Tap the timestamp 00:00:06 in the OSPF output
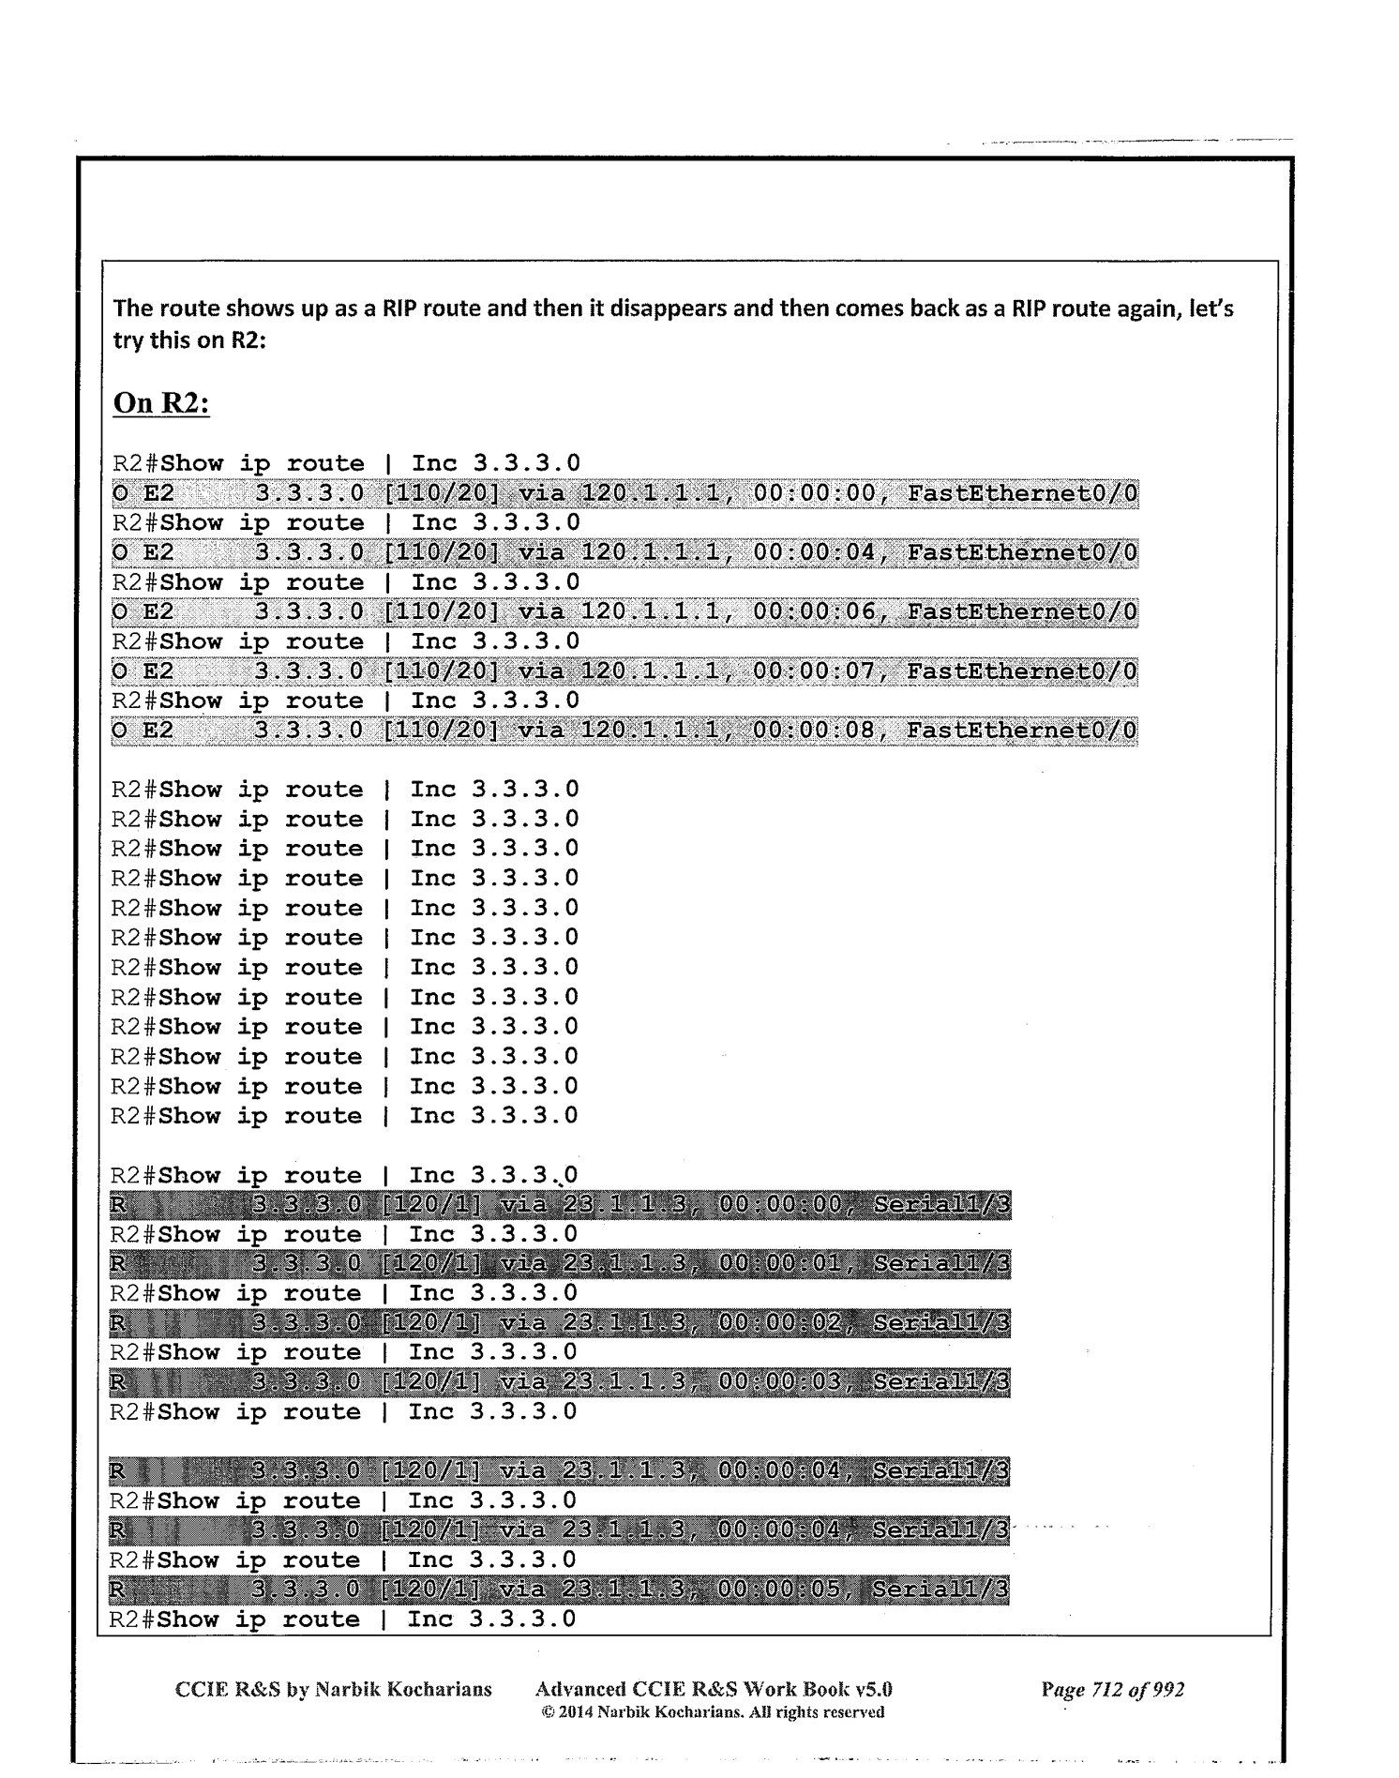[x=814, y=612]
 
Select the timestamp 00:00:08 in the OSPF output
[x=814, y=731]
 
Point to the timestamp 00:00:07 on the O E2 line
[x=814, y=671]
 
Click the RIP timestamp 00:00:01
[x=780, y=1264]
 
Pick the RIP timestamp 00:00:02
[x=780, y=1323]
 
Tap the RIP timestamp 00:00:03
[x=780, y=1382]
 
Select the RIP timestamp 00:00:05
[x=780, y=1590]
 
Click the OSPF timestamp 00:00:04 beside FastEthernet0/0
[x=814, y=553]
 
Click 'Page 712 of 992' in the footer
[x=1112, y=1690]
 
